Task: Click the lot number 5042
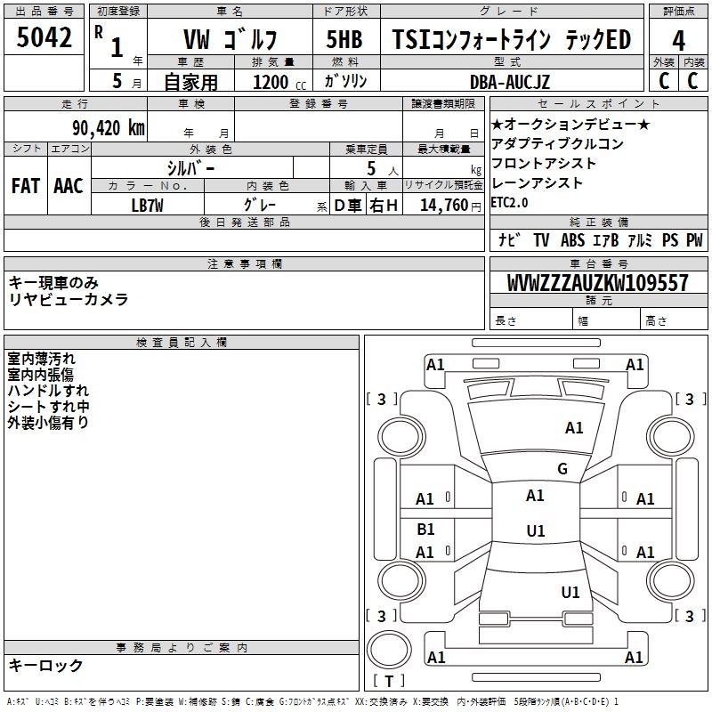[x=44, y=37]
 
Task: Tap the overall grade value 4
[x=678, y=41]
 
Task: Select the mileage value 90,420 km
[x=109, y=127]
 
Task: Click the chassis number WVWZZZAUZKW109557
[x=598, y=282]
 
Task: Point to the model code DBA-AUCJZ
[x=510, y=82]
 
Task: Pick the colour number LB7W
[x=147, y=206]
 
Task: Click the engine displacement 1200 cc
[x=279, y=82]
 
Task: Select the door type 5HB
[x=344, y=39]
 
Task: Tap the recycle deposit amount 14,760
[x=443, y=206]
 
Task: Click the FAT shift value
[x=26, y=186]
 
